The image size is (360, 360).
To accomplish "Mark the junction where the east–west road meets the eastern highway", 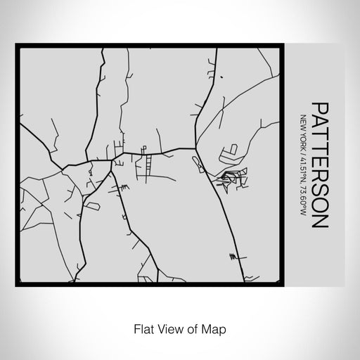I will pyautogui.click(x=196, y=148).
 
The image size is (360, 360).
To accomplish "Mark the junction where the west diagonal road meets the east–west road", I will pyautogui.click(x=64, y=167).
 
